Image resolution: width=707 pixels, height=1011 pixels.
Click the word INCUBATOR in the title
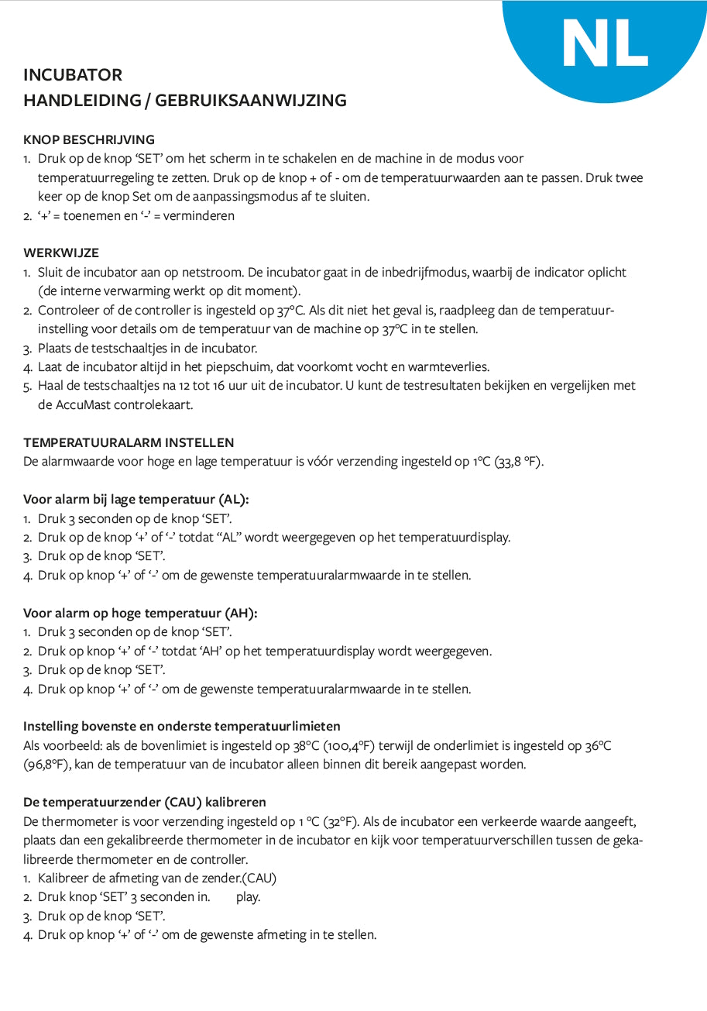point(73,75)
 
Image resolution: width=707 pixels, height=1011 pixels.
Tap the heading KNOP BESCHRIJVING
point(89,140)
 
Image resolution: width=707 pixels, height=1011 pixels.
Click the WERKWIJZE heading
point(61,253)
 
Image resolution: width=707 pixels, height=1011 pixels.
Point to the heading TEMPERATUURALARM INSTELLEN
point(129,443)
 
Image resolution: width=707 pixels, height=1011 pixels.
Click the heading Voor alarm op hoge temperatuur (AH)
point(140,614)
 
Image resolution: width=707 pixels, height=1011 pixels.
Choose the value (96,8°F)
point(48,765)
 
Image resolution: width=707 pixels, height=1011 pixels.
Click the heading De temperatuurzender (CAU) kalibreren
point(145,802)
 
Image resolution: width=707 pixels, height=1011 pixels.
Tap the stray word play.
point(249,897)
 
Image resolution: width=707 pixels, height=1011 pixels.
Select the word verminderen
point(198,216)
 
